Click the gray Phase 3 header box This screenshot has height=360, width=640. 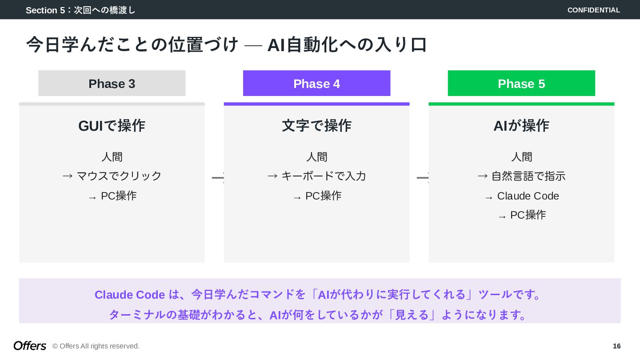(x=112, y=83)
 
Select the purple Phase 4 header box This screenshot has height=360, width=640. (x=316, y=83)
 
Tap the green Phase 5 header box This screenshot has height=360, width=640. (x=521, y=83)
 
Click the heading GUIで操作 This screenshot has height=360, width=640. (x=112, y=126)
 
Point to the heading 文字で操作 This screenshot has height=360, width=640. (x=316, y=126)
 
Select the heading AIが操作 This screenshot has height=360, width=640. (x=521, y=126)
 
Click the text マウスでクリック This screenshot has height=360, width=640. (x=119, y=176)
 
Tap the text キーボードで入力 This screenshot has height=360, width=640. (x=323, y=176)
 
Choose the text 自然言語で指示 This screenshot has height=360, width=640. (x=528, y=176)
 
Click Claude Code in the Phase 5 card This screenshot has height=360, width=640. (x=528, y=196)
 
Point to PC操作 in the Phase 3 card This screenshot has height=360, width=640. (x=118, y=196)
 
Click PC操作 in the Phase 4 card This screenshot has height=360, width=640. (x=323, y=196)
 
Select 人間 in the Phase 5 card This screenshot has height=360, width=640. (x=521, y=157)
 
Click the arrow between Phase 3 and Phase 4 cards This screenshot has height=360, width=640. (x=217, y=178)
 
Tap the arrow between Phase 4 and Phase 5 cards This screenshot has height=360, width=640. (x=422, y=178)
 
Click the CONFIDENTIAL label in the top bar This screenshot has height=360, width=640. (x=593, y=10)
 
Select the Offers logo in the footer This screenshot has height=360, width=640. (x=30, y=346)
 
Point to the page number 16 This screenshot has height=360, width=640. (x=616, y=346)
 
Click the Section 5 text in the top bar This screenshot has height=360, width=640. (x=80, y=10)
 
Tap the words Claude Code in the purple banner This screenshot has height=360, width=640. (x=130, y=295)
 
